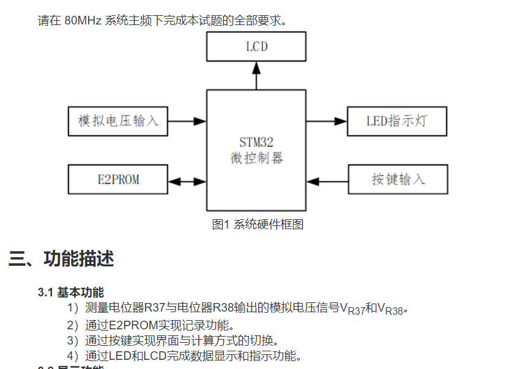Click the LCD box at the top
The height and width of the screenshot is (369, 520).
[256, 47]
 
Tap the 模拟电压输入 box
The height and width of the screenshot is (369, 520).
[118, 121]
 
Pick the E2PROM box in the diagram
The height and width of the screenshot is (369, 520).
[118, 180]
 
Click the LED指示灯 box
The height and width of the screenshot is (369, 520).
[397, 121]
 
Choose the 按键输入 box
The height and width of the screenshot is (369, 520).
[398, 180]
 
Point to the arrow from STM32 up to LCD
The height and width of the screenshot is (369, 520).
[256, 75]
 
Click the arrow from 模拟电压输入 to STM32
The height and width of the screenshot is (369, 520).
[187, 121]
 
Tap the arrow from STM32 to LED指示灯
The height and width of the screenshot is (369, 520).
[327, 121]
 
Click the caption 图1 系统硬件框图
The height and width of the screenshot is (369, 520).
[258, 224]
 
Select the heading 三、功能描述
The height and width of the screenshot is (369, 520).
[61, 259]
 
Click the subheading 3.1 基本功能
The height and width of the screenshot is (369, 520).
[71, 293]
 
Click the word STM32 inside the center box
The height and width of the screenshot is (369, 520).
[256, 142]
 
